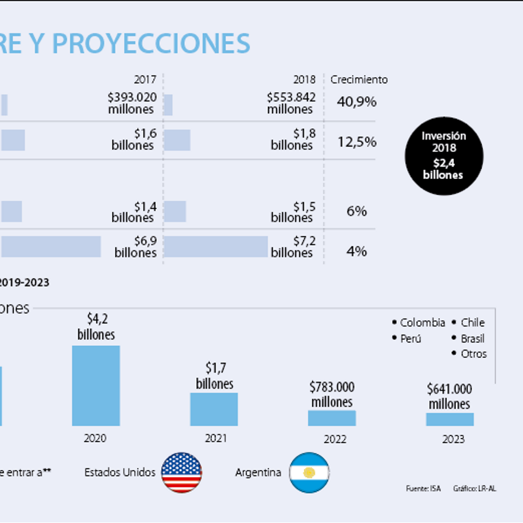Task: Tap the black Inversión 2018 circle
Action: point(443,155)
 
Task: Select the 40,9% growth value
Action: point(357,102)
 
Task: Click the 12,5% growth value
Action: point(357,142)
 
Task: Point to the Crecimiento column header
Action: point(359,80)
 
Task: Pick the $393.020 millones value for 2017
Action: point(131,103)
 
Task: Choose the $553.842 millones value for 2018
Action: point(291,103)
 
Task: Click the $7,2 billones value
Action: point(293,246)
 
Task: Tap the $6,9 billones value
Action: point(135,246)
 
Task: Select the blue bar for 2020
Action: point(96,386)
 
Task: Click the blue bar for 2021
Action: point(214,409)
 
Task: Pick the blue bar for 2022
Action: point(332,418)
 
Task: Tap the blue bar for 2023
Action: point(450,419)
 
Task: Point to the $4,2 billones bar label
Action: point(96,327)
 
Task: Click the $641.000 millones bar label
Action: point(449,396)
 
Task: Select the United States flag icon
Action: point(181,472)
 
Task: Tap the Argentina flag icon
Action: point(309,472)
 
